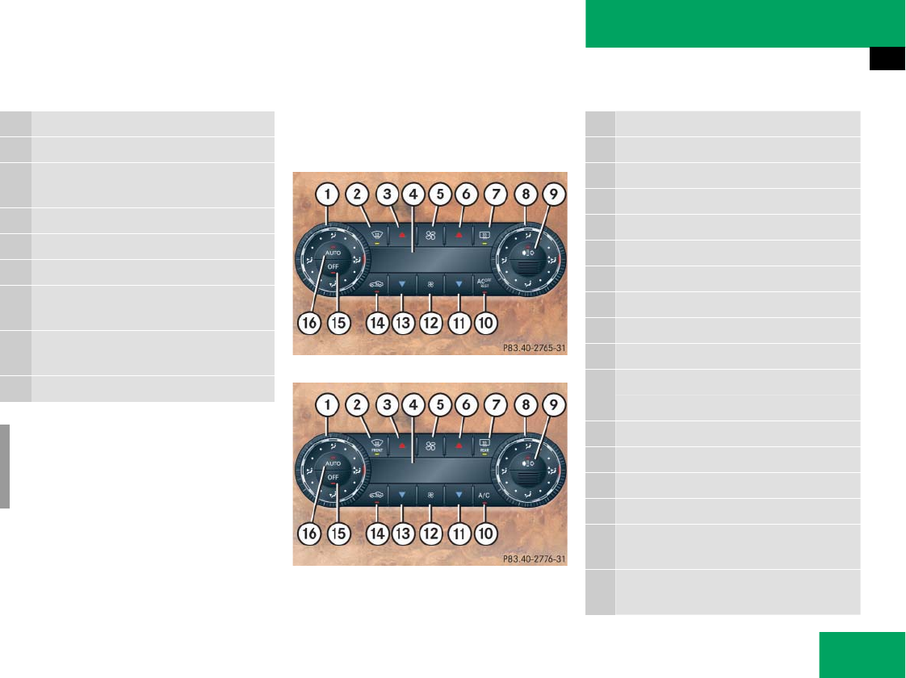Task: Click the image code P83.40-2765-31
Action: [x=534, y=349]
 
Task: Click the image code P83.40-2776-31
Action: [x=534, y=559]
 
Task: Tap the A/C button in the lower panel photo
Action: [x=484, y=495]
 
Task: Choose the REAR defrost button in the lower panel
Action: [x=484, y=444]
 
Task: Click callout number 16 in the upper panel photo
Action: [x=306, y=323]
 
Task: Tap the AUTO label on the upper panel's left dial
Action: [x=333, y=253]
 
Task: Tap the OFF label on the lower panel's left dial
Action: [x=333, y=478]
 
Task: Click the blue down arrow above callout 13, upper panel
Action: [x=402, y=284]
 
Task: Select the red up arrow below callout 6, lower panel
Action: [x=458, y=444]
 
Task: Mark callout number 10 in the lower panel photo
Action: [x=484, y=533]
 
